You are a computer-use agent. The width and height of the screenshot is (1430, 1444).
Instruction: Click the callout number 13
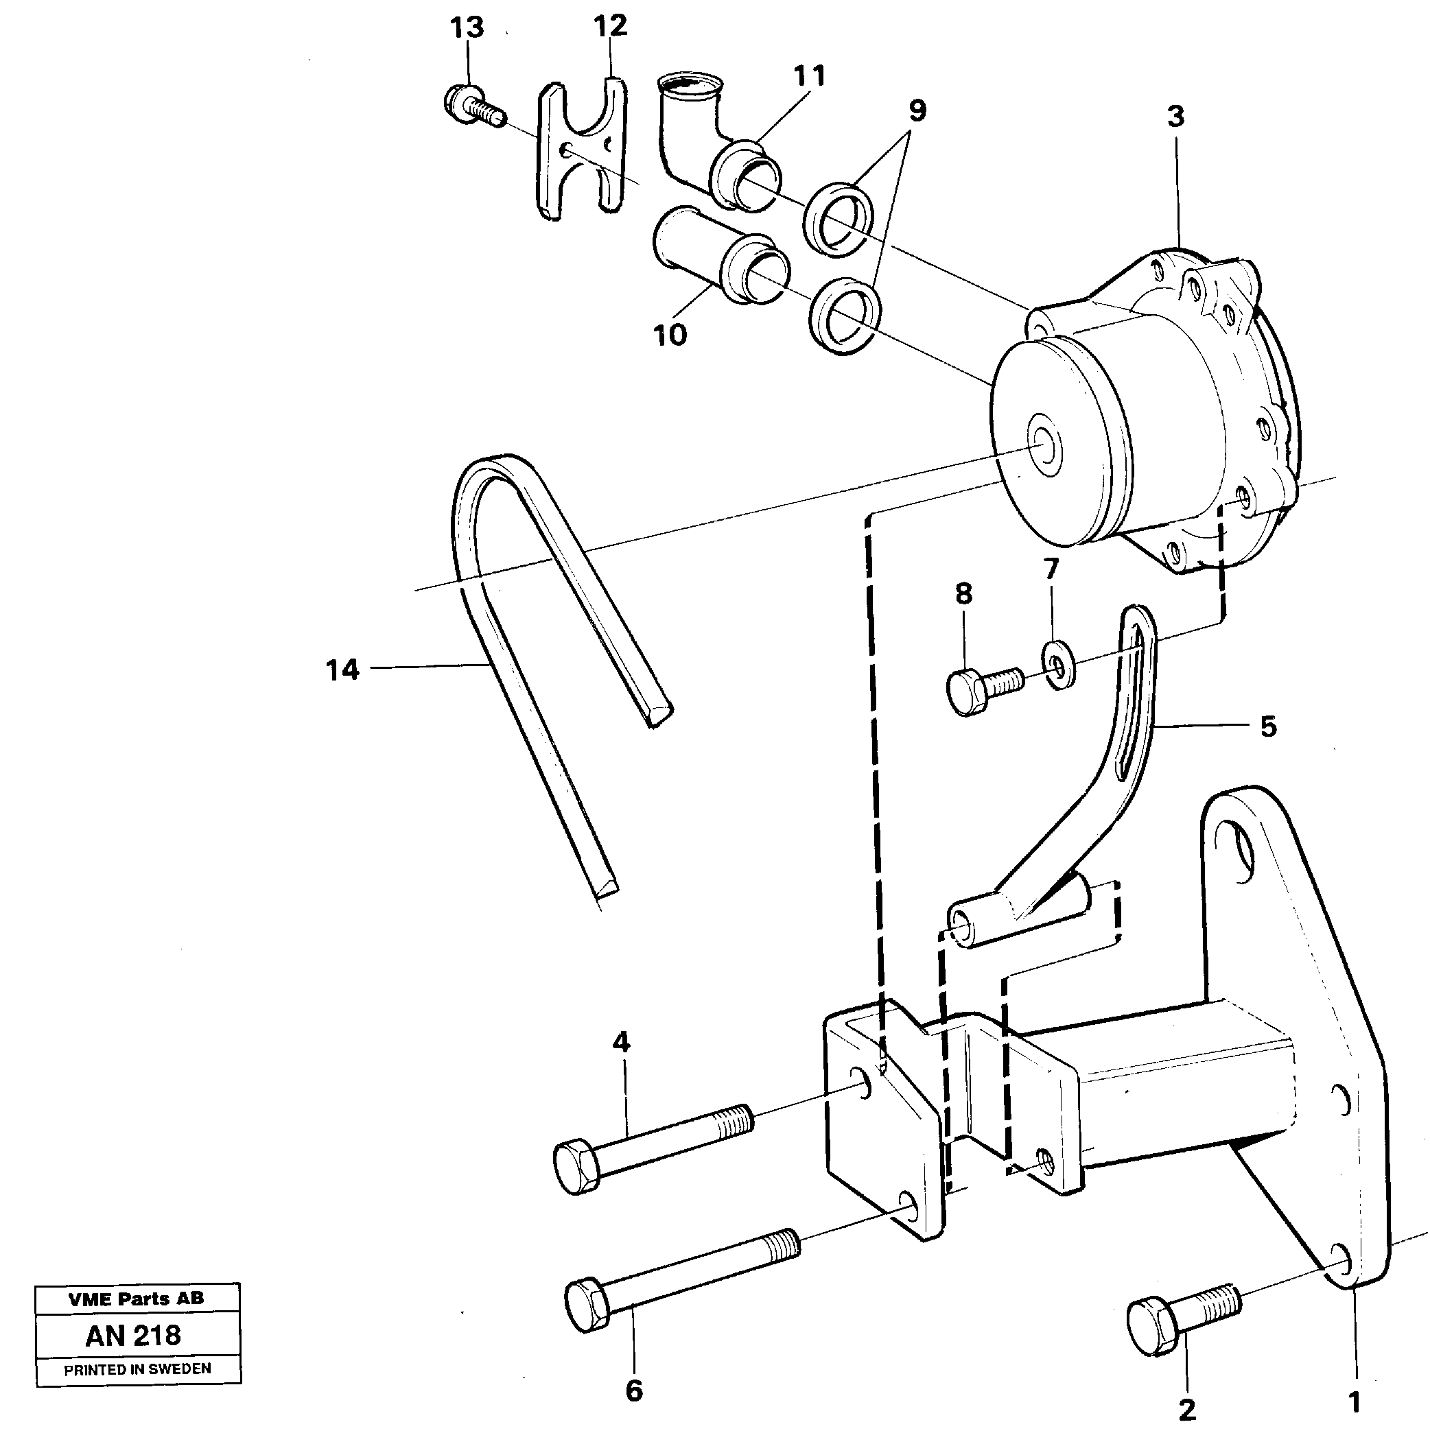[467, 28]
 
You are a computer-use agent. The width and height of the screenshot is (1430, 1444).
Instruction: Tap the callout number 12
[610, 26]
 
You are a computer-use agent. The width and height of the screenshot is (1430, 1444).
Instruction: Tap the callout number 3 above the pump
[1176, 117]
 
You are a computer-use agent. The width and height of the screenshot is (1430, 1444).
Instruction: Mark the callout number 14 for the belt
[342, 670]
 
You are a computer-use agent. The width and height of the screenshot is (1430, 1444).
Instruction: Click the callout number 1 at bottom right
[1355, 1402]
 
